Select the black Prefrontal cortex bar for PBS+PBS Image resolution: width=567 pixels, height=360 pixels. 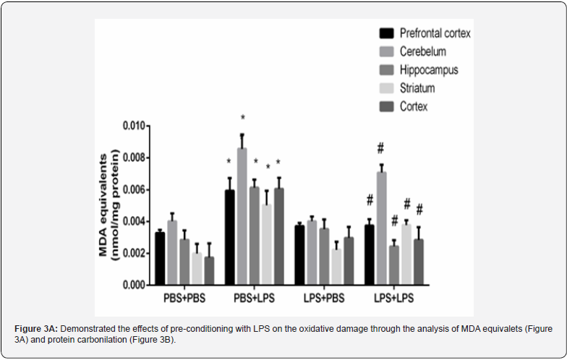click(x=160, y=258)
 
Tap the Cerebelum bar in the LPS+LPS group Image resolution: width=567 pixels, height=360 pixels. click(x=380, y=228)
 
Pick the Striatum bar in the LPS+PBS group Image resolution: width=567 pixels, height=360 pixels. click(x=336, y=267)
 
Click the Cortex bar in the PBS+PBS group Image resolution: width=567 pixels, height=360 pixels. click(x=209, y=270)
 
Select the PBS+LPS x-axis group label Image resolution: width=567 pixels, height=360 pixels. click(x=255, y=299)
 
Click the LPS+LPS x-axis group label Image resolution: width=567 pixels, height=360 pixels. click(x=394, y=299)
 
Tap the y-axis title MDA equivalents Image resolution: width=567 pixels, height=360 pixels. click(x=106, y=205)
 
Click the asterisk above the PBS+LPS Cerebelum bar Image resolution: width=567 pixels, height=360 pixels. click(x=243, y=119)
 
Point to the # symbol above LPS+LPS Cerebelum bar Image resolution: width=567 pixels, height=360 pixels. click(x=380, y=149)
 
